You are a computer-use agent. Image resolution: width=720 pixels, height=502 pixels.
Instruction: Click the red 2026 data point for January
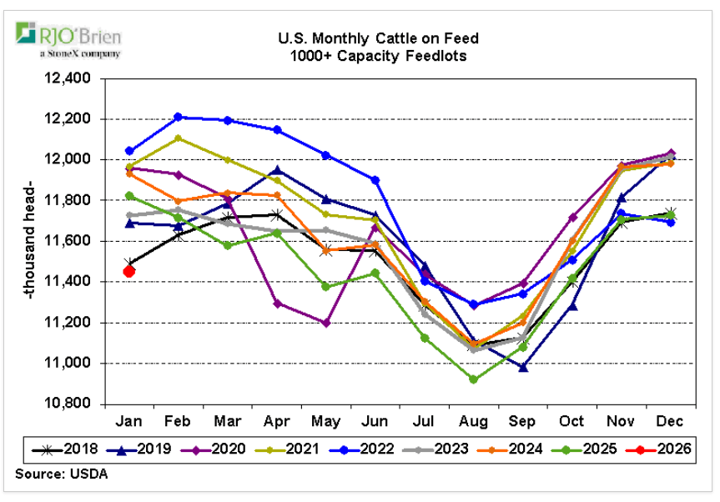pyautogui.click(x=129, y=270)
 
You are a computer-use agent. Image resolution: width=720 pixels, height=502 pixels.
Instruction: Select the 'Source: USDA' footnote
pyautogui.click(x=61, y=474)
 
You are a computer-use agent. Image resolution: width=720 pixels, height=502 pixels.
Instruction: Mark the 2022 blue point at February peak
pyautogui.click(x=179, y=117)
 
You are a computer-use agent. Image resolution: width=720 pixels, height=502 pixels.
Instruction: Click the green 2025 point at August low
pyautogui.click(x=474, y=379)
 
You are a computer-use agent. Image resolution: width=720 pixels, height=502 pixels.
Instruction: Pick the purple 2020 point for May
pyautogui.click(x=326, y=323)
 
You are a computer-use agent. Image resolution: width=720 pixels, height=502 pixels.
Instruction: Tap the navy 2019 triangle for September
pyautogui.click(x=523, y=367)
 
